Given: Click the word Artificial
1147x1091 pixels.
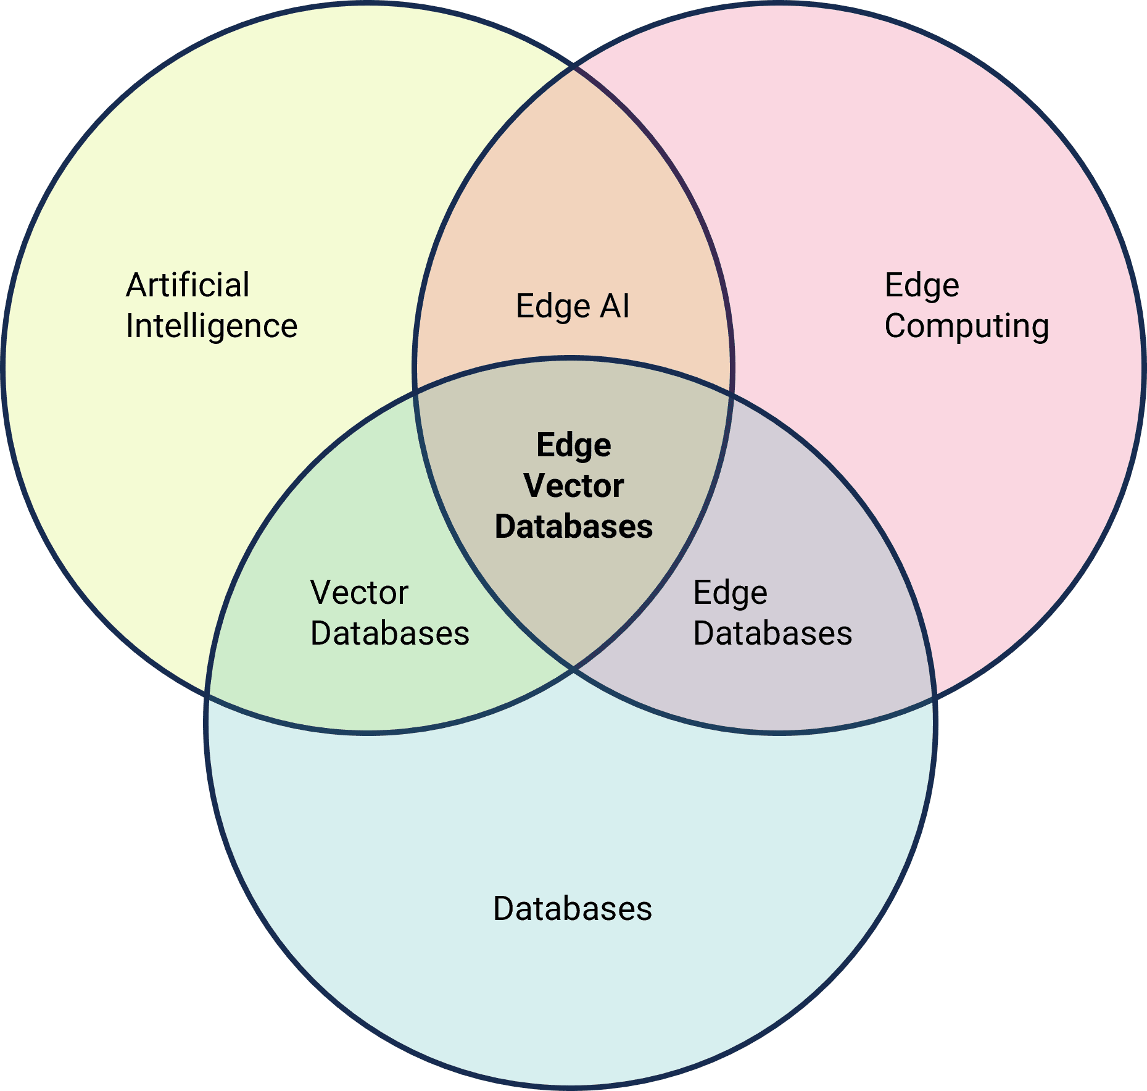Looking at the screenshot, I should [188, 285].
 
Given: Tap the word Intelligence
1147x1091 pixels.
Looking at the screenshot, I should [212, 326].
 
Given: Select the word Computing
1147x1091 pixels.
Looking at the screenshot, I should [966, 326].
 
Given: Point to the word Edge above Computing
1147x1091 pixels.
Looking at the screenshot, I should [922, 285].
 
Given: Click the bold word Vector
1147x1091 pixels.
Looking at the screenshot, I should [574, 486].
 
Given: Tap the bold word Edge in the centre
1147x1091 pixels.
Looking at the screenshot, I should [574, 445].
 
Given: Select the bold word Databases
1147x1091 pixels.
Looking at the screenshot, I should [574, 527].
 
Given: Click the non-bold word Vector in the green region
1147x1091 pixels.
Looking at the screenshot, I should [359, 593].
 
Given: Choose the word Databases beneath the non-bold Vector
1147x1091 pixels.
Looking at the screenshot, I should [390, 633].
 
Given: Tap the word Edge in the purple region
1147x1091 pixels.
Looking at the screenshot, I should [730, 593].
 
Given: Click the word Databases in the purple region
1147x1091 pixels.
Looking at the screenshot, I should [772, 633].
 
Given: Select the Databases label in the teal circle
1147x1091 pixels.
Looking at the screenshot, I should [573, 909].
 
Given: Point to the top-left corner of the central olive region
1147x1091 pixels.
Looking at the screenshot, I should [415, 390].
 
